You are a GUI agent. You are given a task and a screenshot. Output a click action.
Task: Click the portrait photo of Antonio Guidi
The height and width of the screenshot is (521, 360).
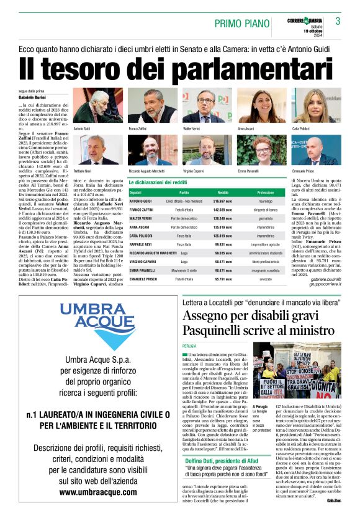[x=90, y=106]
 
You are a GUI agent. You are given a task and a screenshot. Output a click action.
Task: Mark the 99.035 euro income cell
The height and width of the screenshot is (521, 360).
[x=223, y=253]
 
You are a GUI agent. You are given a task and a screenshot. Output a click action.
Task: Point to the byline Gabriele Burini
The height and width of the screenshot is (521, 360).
[x=33, y=98]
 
